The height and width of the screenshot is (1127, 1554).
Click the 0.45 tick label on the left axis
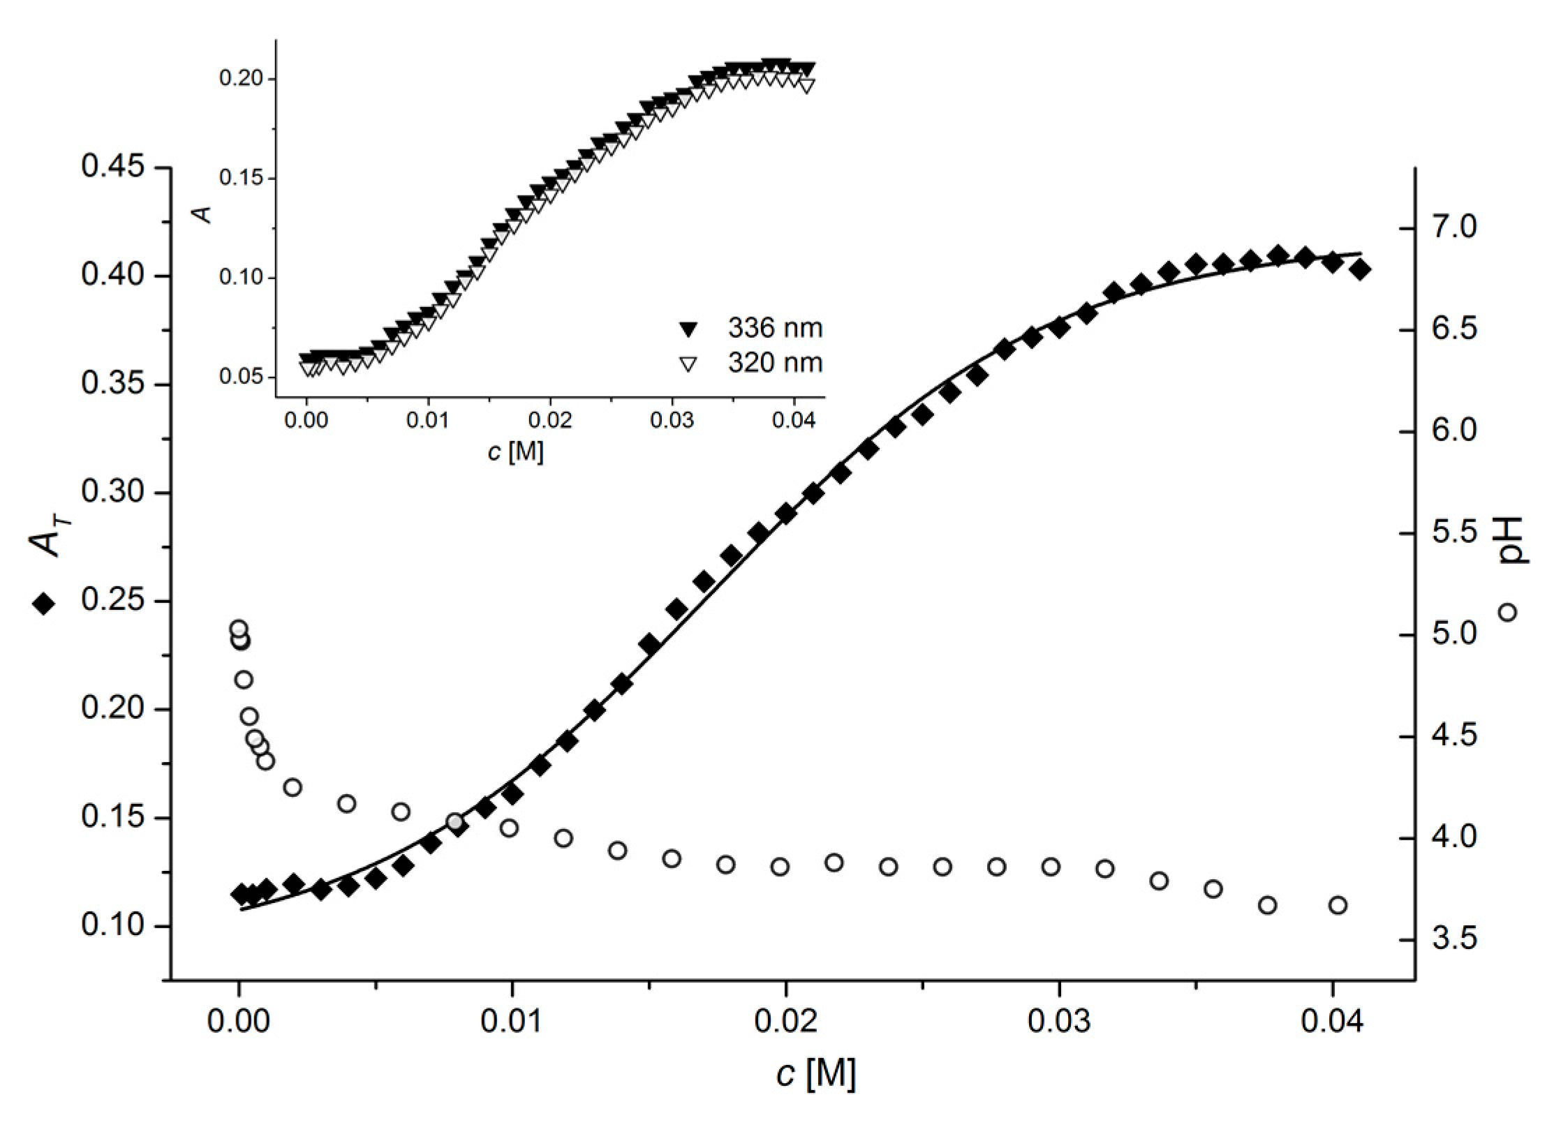(x=112, y=167)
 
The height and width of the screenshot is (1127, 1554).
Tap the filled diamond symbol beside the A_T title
(x=43, y=604)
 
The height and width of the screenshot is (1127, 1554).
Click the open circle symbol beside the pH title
(x=1507, y=612)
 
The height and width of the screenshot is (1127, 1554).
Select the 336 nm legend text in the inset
(x=775, y=328)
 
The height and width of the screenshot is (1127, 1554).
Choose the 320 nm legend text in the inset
(x=775, y=363)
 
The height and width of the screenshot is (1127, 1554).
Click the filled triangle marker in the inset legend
(x=689, y=328)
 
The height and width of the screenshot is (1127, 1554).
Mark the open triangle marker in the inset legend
(x=689, y=364)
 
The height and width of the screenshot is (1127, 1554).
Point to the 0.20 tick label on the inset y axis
(x=241, y=79)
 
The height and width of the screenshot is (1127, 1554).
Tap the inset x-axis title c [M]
(x=515, y=452)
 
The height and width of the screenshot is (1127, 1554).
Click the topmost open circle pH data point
(x=239, y=629)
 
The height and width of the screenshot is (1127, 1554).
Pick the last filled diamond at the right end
(x=1361, y=269)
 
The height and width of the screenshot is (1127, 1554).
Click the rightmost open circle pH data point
(x=1338, y=905)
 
